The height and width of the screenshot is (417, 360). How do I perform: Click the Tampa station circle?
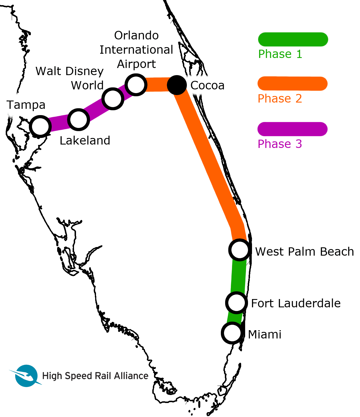pyautogui.click(x=40, y=127)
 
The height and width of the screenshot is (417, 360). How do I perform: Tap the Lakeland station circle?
pyautogui.click(x=79, y=120)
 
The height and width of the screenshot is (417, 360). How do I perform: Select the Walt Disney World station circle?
pyautogui.click(x=113, y=99)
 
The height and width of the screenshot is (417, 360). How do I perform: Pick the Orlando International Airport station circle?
pyautogui.click(x=136, y=85)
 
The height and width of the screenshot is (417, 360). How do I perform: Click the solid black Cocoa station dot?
pyautogui.click(x=177, y=85)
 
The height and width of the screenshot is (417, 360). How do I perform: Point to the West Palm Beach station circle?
pyautogui.click(x=240, y=250)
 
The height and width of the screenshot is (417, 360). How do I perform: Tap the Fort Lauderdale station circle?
pyautogui.click(x=237, y=303)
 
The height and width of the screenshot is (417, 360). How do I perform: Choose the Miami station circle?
pyautogui.click(x=232, y=333)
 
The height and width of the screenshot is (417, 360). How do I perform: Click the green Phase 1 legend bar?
pyautogui.click(x=293, y=39)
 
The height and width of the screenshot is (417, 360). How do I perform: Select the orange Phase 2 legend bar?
pyautogui.click(x=293, y=83)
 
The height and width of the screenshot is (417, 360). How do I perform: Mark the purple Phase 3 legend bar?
pyautogui.click(x=293, y=129)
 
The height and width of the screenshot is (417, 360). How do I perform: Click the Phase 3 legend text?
pyautogui.click(x=280, y=144)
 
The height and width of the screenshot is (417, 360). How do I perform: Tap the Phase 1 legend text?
pyautogui.click(x=280, y=54)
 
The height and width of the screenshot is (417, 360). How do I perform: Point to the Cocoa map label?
pyautogui.click(x=207, y=85)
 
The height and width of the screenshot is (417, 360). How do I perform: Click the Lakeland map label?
pyautogui.click(x=85, y=141)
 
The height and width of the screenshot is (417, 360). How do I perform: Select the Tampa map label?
pyautogui.click(x=26, y=105)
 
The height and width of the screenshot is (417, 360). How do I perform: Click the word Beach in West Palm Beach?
pyautogui.click(x=337, y=252)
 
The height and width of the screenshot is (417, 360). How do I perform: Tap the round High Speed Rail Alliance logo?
pyautogui.click(x=26, y=376)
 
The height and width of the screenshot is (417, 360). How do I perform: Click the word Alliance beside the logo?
pyautogui.click(x=131, y=376)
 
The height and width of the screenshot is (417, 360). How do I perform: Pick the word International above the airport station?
pyautogui.click(x=136, y=50)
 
